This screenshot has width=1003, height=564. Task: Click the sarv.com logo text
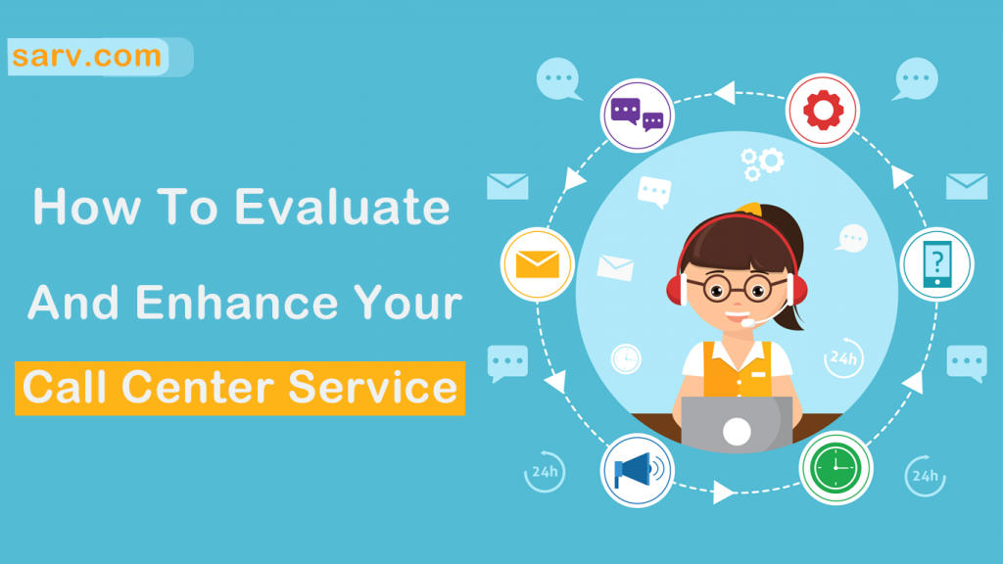pyautogui.click(x=86, y=56)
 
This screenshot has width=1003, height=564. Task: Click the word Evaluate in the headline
pyautogui.click(x=342, y=208)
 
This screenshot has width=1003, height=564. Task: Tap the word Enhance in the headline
pyautogui.click(x=237, y=302)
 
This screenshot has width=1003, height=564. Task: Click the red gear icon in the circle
pyautogui.click(x=823, y=110)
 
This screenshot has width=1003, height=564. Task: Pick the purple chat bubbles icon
pyautogui.click(x=637, y=116)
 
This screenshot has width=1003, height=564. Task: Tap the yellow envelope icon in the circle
pyautogui.click(x=538, y=264)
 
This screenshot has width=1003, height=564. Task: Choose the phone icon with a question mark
pyautogui.click(x=937, y=264)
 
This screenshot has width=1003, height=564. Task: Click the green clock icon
pyautogui.click(x=836, y=467)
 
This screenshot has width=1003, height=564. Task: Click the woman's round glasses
pyautogui.click(x=738, y=289)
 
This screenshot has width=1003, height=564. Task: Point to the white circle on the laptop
pyautogui.click(x=737, y=432)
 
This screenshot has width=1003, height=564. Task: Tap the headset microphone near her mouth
pyautogui.click(x=747, y=322)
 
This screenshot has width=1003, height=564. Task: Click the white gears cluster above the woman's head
pyautogui.click(x=761, y=164)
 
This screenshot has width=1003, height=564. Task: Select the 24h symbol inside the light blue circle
pyautogui.click(x=843, y=358)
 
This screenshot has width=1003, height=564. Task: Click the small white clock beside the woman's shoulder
pyautogui.click(x=626, y=358)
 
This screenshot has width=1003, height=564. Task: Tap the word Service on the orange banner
pyautogui.click(x=373, y=388)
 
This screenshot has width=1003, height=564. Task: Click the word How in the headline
pyautogui.click(x=87, y=208)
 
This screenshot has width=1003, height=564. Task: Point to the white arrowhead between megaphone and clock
pyautogui.click(x=724, y=493)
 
